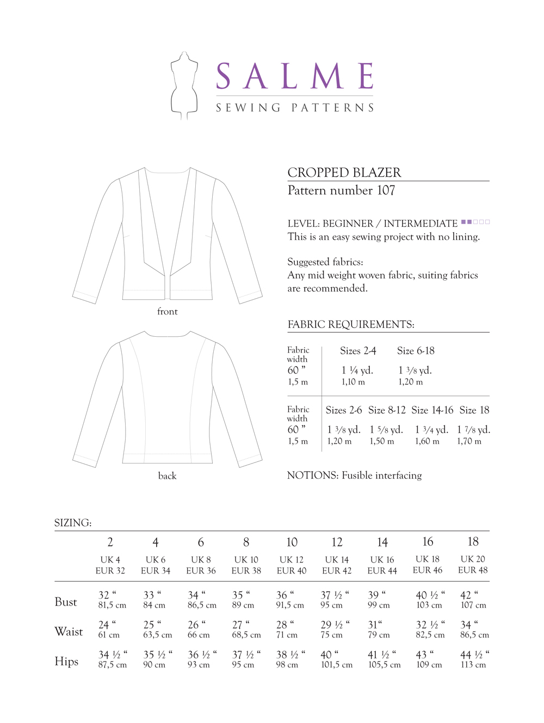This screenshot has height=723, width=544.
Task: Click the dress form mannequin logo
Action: pos(183,85)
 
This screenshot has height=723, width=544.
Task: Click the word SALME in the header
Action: pos(295,76)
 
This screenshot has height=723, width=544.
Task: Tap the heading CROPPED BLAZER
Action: pos(344,172)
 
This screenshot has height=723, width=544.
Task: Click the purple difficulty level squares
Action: pos(475,222)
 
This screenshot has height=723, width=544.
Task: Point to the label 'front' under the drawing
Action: pos(167,312)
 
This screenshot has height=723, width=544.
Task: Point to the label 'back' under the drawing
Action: pos(167,476)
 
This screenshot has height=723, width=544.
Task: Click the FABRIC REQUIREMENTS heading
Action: pos(351,325)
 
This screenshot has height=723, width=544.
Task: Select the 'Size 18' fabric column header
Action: pos(474,410)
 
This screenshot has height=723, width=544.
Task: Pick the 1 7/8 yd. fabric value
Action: pos(473,430)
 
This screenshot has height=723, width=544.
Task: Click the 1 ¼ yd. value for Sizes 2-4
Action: pos(357,370)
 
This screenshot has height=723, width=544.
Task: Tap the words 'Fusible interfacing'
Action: pos(381,475)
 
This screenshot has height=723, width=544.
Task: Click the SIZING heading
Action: pos(73,523)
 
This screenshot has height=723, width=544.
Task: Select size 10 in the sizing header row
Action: pos(292,542)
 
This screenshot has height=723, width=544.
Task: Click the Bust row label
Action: pos(66,602)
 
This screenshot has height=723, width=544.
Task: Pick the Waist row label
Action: pos(69,632)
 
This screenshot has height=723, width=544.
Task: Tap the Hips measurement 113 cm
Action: pos(473,665)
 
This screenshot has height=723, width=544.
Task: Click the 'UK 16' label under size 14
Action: pos(382,560)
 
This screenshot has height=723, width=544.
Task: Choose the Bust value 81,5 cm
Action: pos(112,605)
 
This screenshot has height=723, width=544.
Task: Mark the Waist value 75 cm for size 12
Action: pos(332,635)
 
